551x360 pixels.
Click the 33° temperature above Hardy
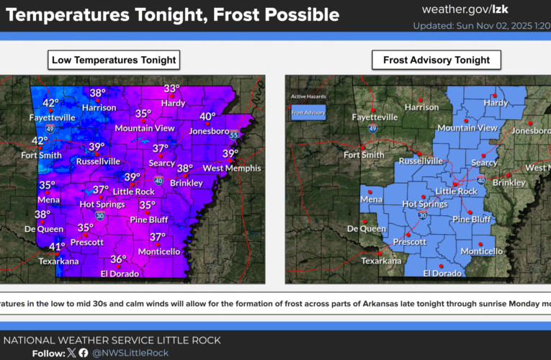coord(171,89)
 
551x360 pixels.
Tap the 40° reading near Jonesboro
coord(207,117)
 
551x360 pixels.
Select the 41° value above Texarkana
coord(58,247)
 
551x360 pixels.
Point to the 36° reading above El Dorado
coord(118,259)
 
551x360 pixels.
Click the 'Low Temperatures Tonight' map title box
coord(114,60)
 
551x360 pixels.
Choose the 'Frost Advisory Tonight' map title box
coord(436,60)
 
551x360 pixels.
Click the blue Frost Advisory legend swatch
coord(308,112)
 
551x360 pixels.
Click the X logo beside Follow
coord(71,353)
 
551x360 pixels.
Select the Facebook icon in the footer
coord(84,353)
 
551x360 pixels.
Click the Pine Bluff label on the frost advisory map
coord(472,219)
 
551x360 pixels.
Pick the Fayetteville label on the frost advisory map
coord(374,117)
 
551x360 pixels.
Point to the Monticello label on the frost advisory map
coord(482,251)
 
